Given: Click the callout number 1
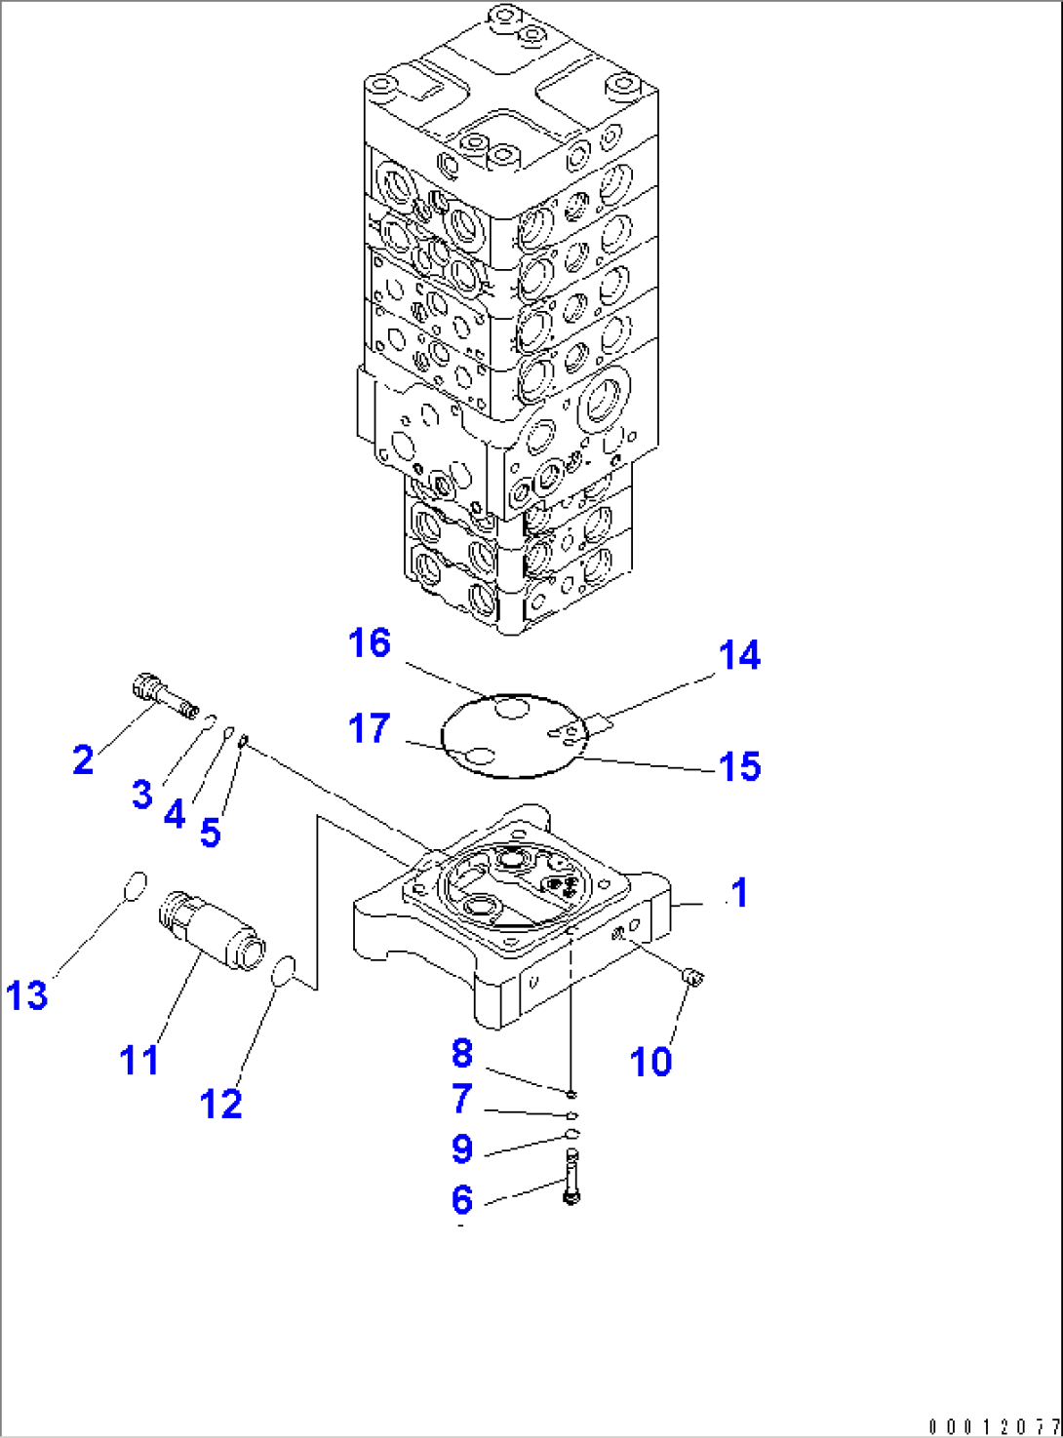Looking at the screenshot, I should tap(739, 892).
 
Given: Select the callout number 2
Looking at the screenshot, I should tap(83, 759).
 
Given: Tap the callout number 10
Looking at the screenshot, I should tap(650, 1061).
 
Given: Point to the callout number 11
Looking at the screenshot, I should tap(138, 1059).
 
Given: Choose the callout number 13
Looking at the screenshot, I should tap(26, 995).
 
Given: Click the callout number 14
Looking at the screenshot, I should tap(739, 655).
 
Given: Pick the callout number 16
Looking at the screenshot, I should tap(370, 643).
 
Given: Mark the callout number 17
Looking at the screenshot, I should tap(369, 728).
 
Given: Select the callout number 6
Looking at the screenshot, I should tap(462, 1199).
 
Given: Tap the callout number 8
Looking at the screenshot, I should tap(462, 1053).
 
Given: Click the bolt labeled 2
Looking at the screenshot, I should tap(163, 693).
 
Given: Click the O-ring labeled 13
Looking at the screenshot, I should tap(136, 886).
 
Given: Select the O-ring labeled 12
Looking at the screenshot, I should tap(282, 971).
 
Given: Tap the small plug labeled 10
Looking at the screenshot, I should tap(694, 976).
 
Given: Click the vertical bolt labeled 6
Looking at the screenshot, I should tap(571, 1177).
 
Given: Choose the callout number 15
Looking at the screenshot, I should tap(739, 766).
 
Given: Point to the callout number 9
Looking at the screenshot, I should tap(462, 1148).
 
